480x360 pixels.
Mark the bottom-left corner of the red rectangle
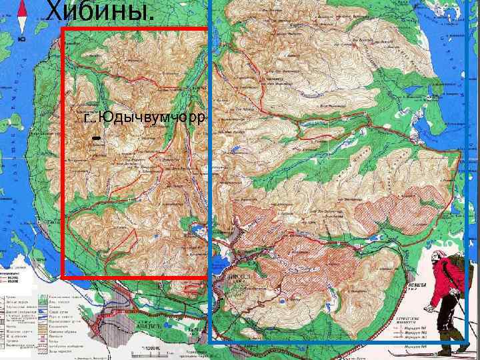click(62, 276)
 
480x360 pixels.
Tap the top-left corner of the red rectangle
click(62, 29)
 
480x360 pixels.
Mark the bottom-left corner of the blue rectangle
click(210, 343)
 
